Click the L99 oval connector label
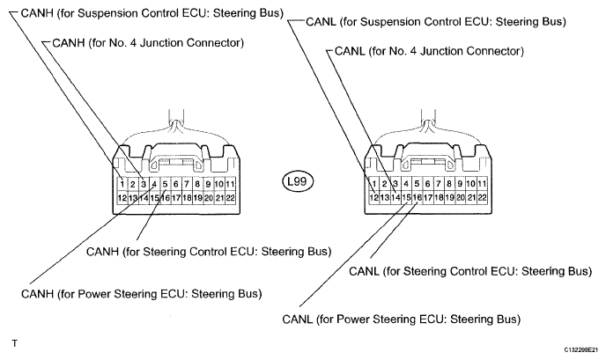coord(297,181)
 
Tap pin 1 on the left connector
coord(122,184)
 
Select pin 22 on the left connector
coord(230,198)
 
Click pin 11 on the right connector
coord(482,183)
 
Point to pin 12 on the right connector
coord(373,197)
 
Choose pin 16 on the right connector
coord(417,197)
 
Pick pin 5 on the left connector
coord(165,184)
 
